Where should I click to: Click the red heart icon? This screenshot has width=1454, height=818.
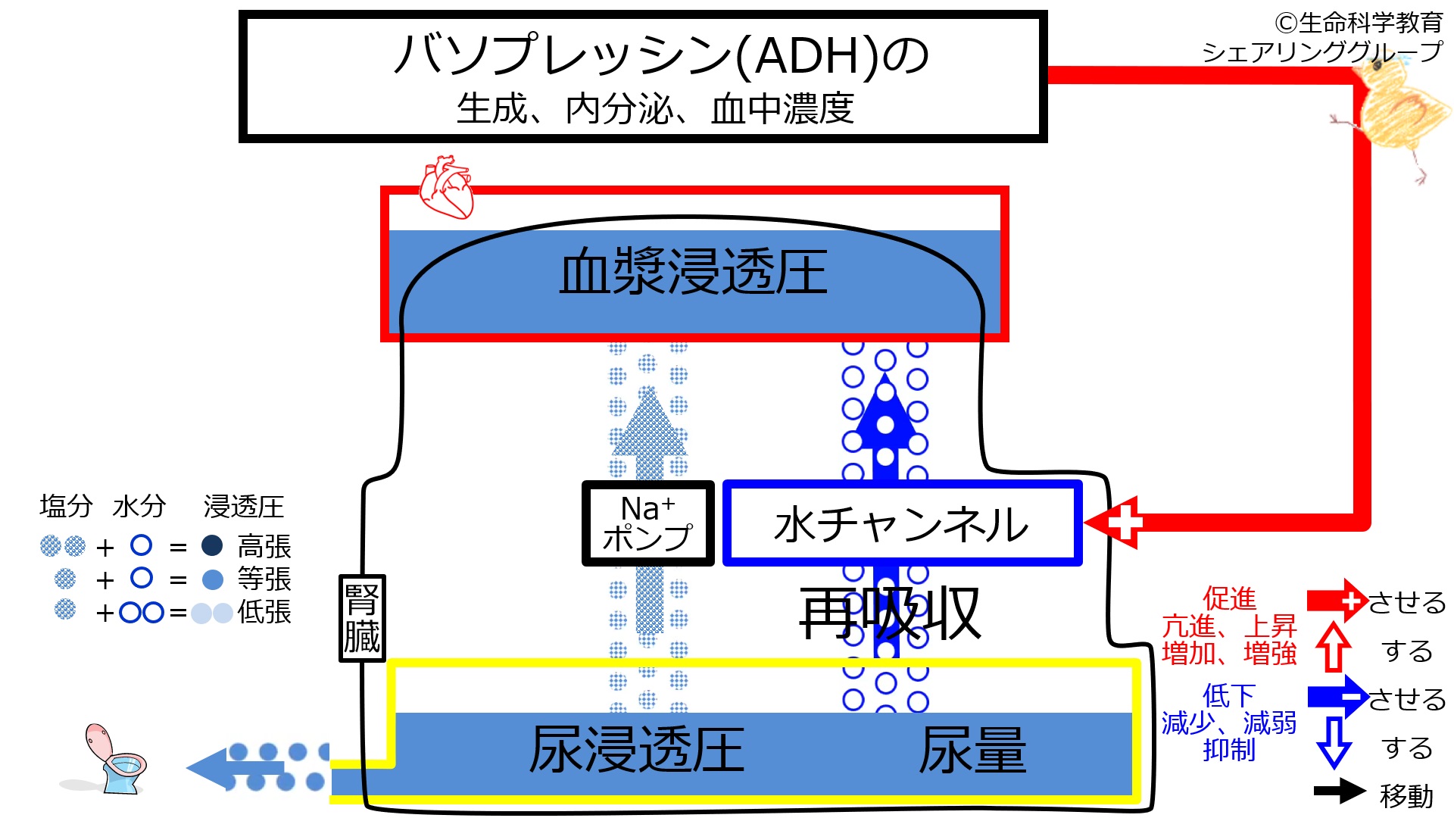pyautogui.click(x=447, y=187)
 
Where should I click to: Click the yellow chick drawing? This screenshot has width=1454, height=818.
pyautogui.click(x=1397, y=114)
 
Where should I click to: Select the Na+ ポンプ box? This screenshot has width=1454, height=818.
pyautogui.click(x=647, y=523)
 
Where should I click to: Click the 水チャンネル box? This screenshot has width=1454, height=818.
pyautogui.click(x=902, y=523)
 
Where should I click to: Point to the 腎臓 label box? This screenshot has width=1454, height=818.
pyautogui.click(x=362, y=618)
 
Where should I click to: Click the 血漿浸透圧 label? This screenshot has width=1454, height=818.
pyautogui.click(x=693, y=272)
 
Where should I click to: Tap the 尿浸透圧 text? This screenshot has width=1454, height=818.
pyautogui.click(x=637, y=750)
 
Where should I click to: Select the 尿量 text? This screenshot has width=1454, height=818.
pyautogui.click(x=972, y=750)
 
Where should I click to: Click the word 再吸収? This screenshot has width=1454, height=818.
pyautogui.click(x=890, y=613)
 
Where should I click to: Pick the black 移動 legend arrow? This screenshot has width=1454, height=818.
pyautogui.click(x=1339, y=791)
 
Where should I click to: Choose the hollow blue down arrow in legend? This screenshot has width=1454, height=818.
pyautogui.click(x=1334, y=742)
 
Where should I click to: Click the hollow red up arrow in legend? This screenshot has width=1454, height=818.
pyautogui.click(x=1334, y=648)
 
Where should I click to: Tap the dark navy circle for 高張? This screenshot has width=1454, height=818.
pyautogui.click(x=212, y=545)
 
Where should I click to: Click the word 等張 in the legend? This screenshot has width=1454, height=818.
pyautogui.click(x=264, y=579)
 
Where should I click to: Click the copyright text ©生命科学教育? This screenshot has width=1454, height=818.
pyautogui.click(x=1359, y=23)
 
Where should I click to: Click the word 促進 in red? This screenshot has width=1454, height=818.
pyautogui.click(x=1229, y=598)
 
